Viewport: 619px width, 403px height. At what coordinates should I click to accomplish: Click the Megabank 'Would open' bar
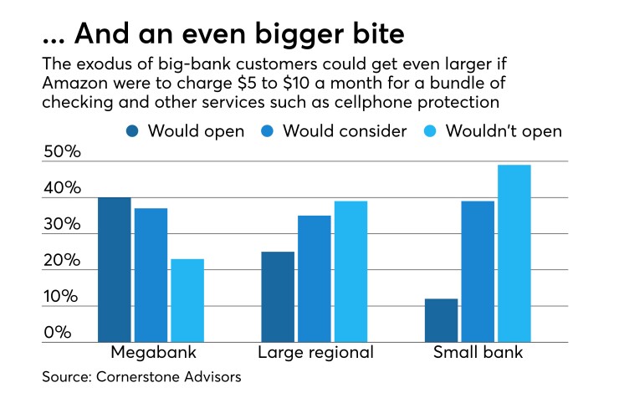[115, 270]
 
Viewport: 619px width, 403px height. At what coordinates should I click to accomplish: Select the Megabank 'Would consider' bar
[151, 275]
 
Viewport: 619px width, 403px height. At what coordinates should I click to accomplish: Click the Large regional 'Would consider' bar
[314, 279]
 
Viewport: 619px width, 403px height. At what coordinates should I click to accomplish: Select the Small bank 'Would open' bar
[441, 320]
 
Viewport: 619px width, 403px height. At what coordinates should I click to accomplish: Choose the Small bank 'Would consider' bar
[478, 272]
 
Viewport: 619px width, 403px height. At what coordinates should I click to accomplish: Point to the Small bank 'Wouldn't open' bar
[514, 253]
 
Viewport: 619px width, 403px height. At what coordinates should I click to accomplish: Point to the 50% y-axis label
[62, 153]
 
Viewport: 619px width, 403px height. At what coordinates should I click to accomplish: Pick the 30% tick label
[62, 226]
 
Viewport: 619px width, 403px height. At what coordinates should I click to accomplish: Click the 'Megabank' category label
[151, 352]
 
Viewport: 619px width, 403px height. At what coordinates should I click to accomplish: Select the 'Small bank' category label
[478, 352]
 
